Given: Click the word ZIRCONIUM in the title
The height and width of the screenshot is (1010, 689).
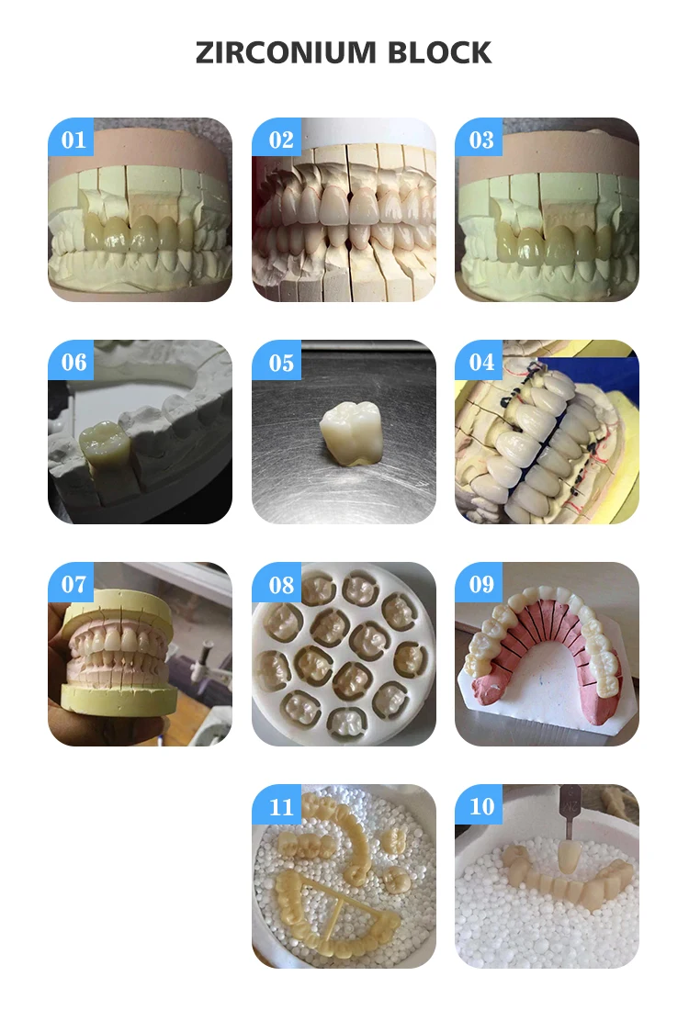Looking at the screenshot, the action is (x=286, y=53).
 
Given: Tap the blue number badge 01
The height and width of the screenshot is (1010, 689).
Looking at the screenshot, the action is (x=71, y=137).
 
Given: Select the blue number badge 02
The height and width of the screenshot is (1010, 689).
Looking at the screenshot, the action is (x=276, y=137).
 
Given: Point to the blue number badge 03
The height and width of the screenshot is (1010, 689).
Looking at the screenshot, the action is (x=479, y=137).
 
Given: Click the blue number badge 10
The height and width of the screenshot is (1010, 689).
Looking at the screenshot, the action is (x=479, y=804).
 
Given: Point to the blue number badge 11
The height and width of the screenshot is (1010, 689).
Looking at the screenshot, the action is (x=276, y=804).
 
